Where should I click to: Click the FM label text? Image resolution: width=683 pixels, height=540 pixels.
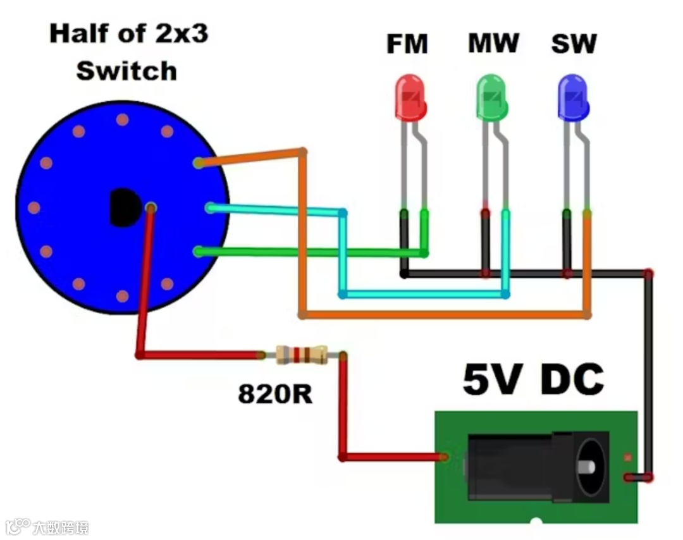tap(407, 45)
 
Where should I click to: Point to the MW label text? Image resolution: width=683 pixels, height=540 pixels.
tap(493, 44)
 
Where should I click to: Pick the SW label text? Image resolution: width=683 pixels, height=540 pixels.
tap(574, 44)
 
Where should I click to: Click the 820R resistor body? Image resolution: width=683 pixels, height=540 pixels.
tap(302, 355)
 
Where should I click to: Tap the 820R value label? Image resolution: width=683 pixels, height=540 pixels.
tap(275, 394)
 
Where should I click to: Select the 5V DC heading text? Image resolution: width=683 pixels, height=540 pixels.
tap(533, 379)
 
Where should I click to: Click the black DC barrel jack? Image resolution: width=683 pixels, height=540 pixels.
tap(538, 467)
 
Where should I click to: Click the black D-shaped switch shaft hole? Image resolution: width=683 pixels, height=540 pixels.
tap(124, 207)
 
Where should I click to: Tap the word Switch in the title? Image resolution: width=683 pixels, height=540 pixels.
tap(126, 71)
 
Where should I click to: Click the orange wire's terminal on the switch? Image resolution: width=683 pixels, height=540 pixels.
tap(199, 163)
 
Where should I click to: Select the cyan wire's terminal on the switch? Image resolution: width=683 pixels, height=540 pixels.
tap(210, 207)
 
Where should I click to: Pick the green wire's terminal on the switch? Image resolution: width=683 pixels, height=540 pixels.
tap(199, 252)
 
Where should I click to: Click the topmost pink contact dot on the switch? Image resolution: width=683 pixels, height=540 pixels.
tap(123, 120)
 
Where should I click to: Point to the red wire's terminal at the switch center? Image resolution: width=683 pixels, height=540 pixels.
tap(151, 207)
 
